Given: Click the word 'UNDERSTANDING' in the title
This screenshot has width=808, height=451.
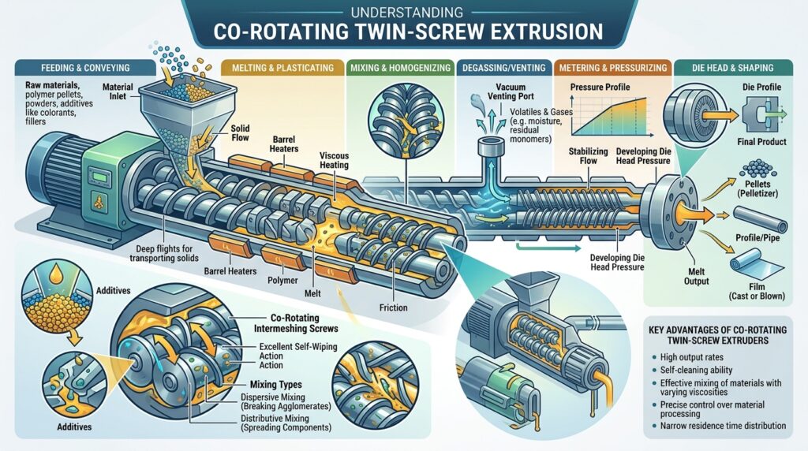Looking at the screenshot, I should click(x=404, y=12).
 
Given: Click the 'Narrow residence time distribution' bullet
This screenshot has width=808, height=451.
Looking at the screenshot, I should click(x=724, y=426).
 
